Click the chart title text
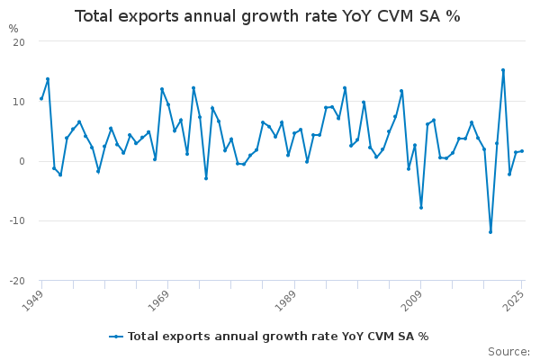pos(267,16)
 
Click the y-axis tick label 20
pos(19,42)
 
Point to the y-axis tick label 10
pos(19,102)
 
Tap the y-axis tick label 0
pos(22,161)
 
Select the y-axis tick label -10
pos(17,220)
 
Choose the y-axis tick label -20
pos(17,280)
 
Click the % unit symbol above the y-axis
pos(13,29)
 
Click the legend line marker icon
pos(116,337)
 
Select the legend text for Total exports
pos(278,337)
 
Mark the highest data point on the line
pos(503,70)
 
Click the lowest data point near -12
pos(490,232)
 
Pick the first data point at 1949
pos(41,99)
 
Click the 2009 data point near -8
pos(420,208)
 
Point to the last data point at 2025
pos(522,151)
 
